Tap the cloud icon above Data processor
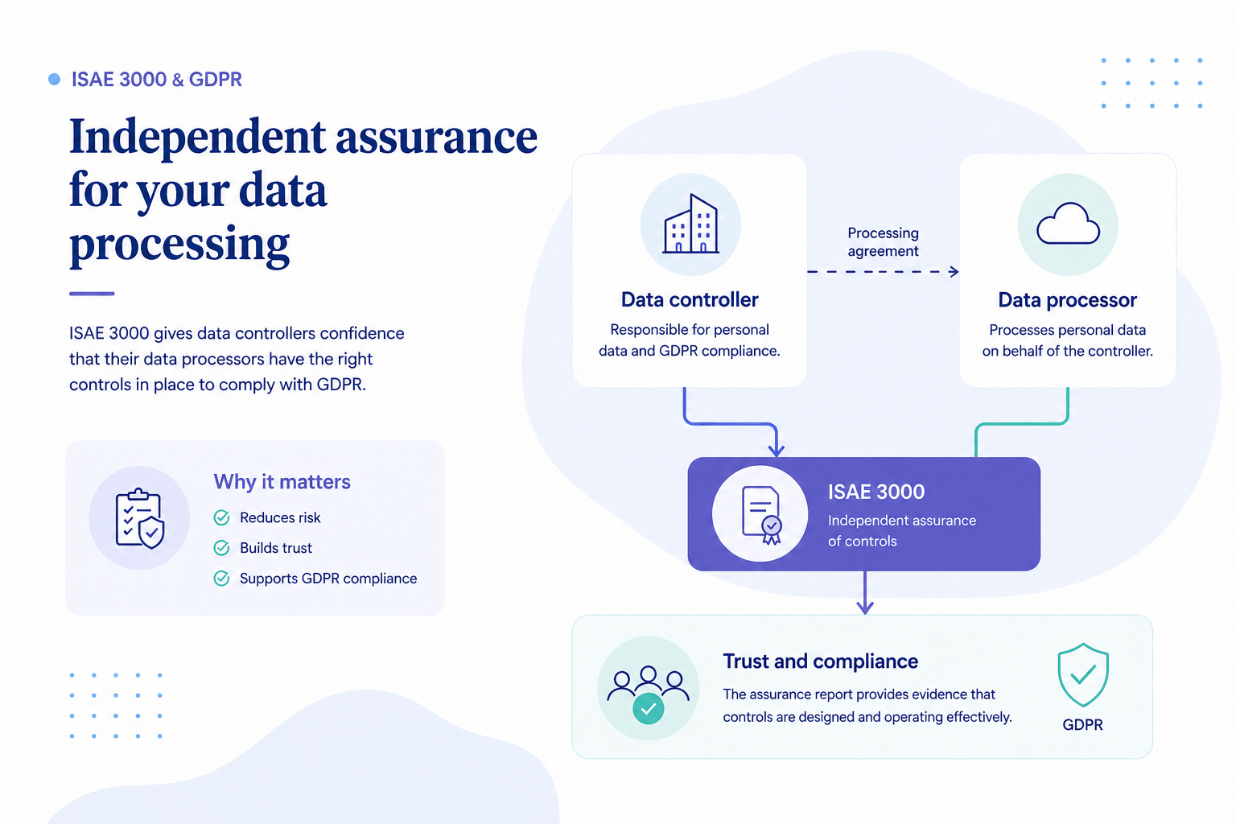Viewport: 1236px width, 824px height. click(x=1068, y=224)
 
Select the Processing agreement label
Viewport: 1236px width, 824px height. click(x=883, y=241)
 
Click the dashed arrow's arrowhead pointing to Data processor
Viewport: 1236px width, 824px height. click(x=954, y=271)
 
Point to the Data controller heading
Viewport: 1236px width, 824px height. click(x=690, y=299)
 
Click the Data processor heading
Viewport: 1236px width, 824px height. click(x=1067, y=300)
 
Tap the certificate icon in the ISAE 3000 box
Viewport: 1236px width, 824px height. click(x=762, y=515)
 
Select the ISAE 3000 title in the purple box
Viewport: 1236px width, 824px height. click(x=876, y=492)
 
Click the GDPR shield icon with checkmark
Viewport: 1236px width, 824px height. click(x=1083, y=674)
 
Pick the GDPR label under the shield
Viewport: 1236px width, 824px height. click(x=1082, y=725)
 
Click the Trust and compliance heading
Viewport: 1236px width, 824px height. click(x=821, y=661)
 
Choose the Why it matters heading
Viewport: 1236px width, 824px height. click(x=282, y=482)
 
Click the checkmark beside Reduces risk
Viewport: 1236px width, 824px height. click(x=221, y=517)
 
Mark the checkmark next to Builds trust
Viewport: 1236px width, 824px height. click(x=221, y=548)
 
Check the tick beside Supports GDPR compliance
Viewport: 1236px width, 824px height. click(x=221, y=579)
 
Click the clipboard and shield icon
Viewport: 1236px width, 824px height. click(x=139, y=518)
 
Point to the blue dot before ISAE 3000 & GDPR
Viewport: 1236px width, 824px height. click(x=54, y=80)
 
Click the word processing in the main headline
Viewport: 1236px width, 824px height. click(x=179, y=243)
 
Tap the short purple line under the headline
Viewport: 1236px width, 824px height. click(x=92, y=294)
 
